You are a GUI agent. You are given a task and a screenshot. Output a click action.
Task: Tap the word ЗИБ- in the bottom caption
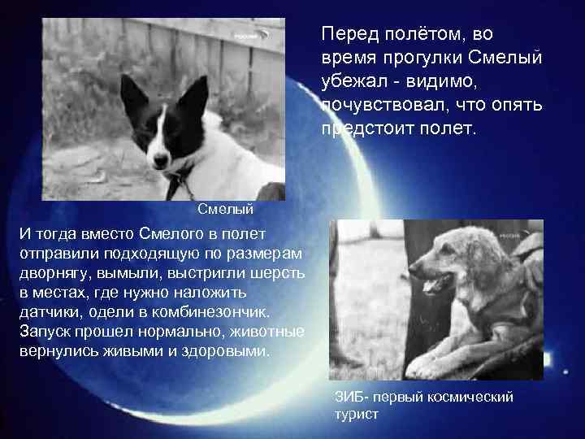click(x=351, y=397)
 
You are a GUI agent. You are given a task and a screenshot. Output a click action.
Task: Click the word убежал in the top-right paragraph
click(x=351, y=82)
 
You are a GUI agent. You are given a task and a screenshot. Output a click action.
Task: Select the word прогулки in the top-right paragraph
click(x=417, y=59)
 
